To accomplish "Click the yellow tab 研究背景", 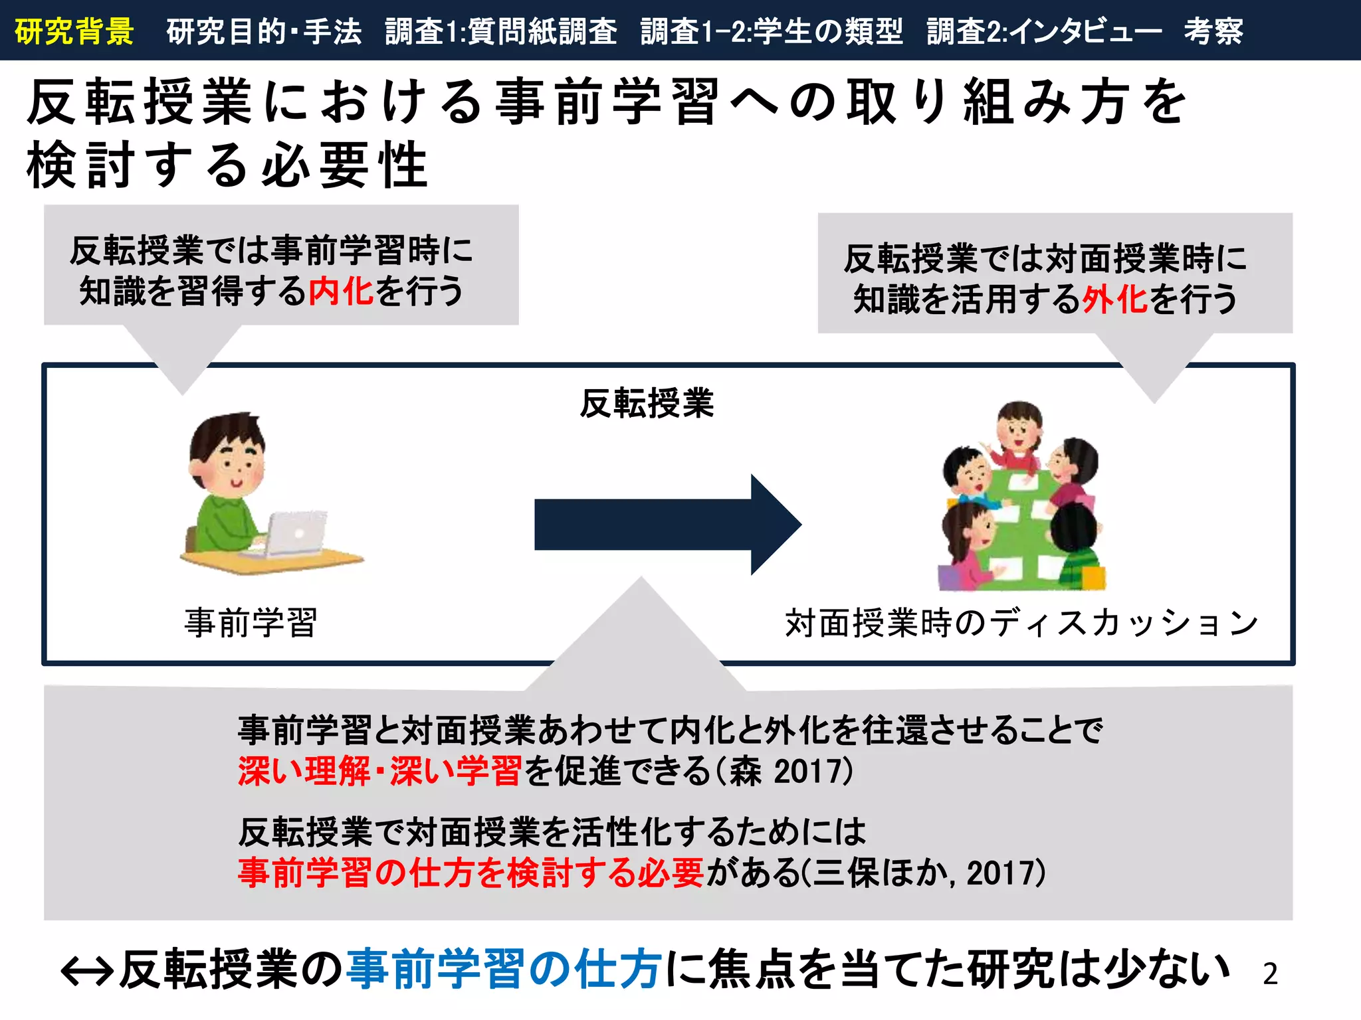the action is pos(74,31).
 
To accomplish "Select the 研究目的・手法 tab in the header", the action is pos(264,31).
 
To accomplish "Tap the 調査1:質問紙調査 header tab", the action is pos(501,31).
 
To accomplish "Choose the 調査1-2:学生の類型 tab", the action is pos(772,31).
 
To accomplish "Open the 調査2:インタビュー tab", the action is pos(1044,31).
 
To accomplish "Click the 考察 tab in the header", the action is pos(1213,31).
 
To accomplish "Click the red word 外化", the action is pos(1115,299).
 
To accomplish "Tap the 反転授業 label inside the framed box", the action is pos(647,403).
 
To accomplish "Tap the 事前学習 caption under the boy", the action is pos(251,623).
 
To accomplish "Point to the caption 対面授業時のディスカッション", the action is pos(1021,623).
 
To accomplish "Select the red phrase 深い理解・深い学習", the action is pos(379,771).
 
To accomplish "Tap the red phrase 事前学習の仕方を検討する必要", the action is pos(471,872).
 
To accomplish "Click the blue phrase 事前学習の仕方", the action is pos(504,969).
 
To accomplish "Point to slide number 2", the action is pos(1270,974).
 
